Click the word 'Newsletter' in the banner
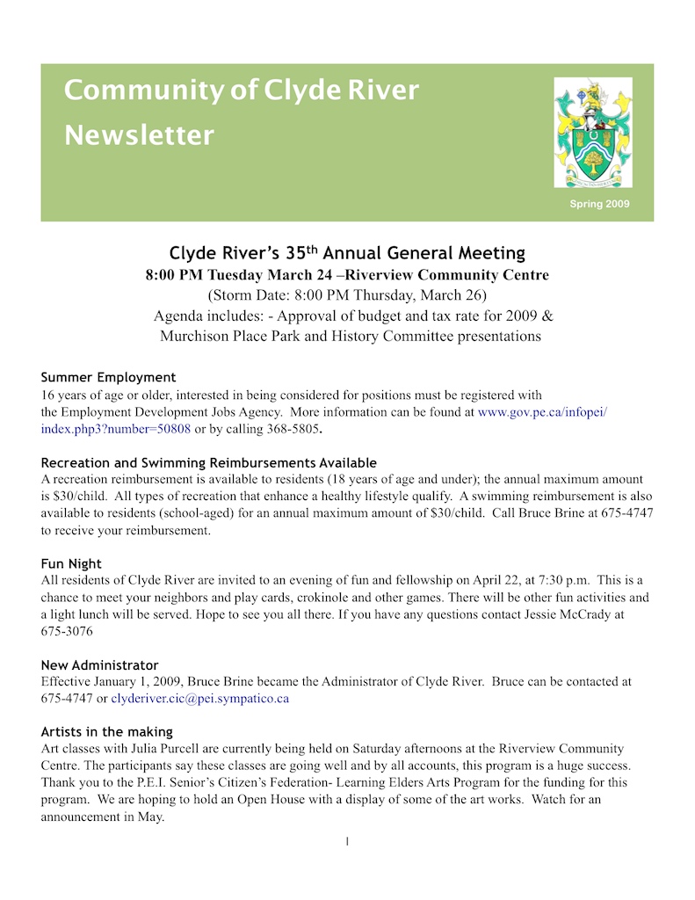pyautogui.click(x=139, y=135)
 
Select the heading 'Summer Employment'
pyautogui.click(x=108, y=378)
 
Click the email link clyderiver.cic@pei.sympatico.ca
pyautogui.click(x=199, y=699)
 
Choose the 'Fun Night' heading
pyautogui.click(x=71, y=563)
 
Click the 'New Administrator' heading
pyautogui.click(x=99, y=664)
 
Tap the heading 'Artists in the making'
pyautogui.click(x=106, y=731)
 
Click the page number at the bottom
pyautogui.click(x=347, y=842)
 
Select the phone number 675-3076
pyautogui.click(x=67, y=631)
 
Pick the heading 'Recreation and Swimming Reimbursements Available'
pyautogui.click(x=208, y=462)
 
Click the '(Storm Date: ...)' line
pyautogui.click(x=346, y=294)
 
